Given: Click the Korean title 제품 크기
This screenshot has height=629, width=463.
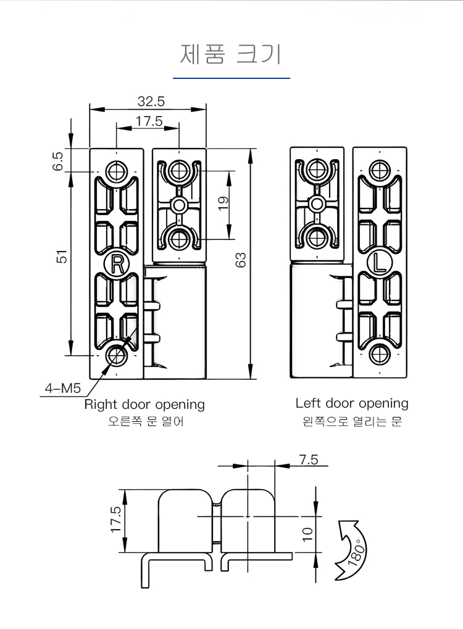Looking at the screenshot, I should click(x=230, y=54).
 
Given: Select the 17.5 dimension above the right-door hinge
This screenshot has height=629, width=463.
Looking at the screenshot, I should click(x=149, y=121).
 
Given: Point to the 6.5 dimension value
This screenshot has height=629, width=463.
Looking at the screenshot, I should click(x=59, y=160).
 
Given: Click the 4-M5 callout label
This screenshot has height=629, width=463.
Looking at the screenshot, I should click(x=63, y=388).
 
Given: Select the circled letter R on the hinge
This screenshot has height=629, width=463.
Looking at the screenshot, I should click(x=116, y=264).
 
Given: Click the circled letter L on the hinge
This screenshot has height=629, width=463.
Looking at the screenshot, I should click(x=379, y=263).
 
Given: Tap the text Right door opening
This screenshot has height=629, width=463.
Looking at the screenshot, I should click(x=144, y=405).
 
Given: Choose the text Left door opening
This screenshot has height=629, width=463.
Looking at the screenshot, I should click(x=352, y=403).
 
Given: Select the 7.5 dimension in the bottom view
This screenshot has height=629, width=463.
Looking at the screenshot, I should click(x=308, y=459).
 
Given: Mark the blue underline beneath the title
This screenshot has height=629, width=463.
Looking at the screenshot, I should click(x=231, y=78).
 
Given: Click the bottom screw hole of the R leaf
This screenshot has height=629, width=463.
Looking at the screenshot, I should click(x=116, y=355).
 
